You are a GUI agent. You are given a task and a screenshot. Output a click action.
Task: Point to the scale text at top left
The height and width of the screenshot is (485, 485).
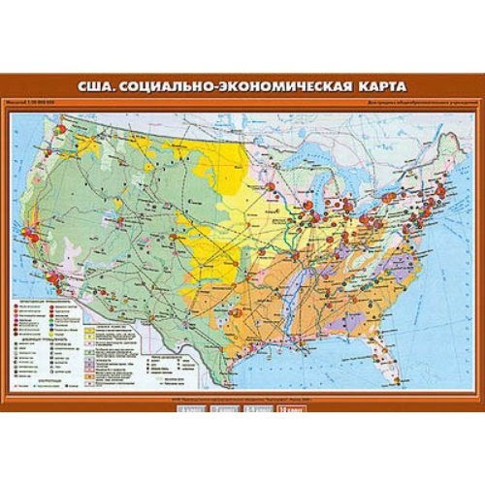pyautogui.click(x=41, y=105)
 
